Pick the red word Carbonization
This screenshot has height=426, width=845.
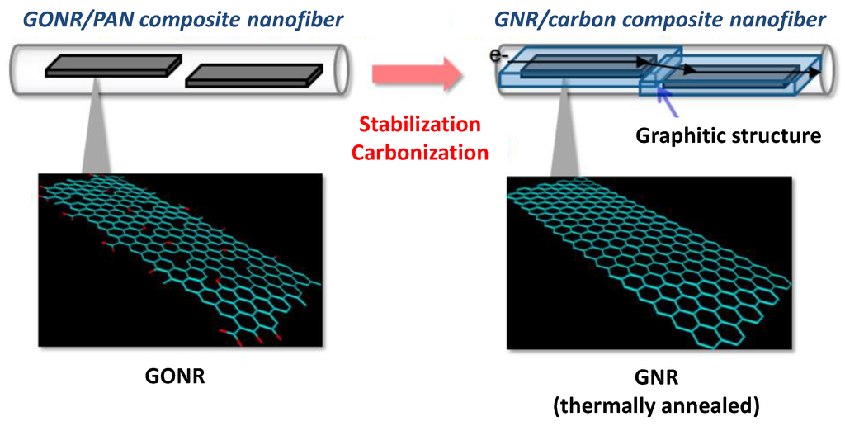pyautogui.click(x=419, y=152)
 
